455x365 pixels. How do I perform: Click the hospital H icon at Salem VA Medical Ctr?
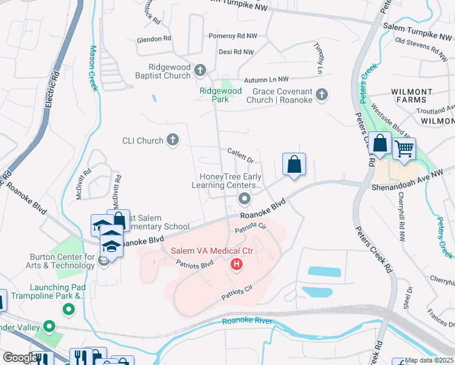tap(237, 265)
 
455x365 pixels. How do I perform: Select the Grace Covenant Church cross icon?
tap(322, 94)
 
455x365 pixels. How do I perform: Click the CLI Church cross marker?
tap(173, 141)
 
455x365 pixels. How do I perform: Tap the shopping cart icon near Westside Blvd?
tap(404, 148)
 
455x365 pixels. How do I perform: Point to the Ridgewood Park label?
tap(220, 95)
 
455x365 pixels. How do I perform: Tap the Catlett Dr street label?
tap(240, 156)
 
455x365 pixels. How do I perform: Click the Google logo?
tap(19, 358)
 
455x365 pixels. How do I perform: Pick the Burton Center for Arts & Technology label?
tap(54, 261)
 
